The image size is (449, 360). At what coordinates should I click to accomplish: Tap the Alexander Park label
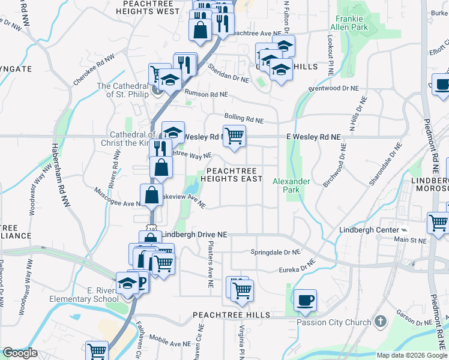pos(291,185)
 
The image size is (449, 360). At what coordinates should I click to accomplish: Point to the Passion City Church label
pos(334,322)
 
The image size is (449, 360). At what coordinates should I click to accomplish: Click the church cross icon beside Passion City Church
pos(379,322)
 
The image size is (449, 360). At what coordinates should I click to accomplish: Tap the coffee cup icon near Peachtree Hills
pos(306,300)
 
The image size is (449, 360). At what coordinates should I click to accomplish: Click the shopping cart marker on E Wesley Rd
pos(234,135)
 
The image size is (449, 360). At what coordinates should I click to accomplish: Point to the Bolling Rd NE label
pos(244,117)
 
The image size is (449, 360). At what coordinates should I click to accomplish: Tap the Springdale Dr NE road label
pos(274,253)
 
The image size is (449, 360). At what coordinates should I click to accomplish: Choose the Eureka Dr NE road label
pos(292,266)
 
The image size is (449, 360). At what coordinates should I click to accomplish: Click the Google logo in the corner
pos(20,353)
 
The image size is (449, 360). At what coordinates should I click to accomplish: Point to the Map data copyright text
pos(412,355)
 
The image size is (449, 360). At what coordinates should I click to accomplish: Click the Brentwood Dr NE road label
pos(333,88)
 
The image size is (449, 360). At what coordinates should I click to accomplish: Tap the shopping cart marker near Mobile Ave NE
pos(97,351)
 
